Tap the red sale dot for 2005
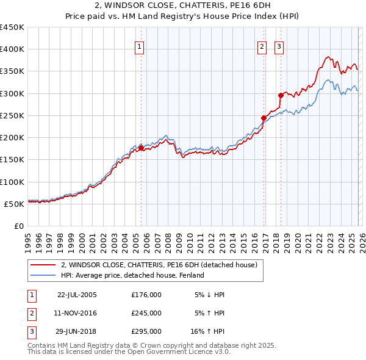[141, 148]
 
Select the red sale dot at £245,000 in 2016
[264, 118]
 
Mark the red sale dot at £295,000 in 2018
[281, 95]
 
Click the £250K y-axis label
[12, 115]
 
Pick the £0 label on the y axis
[19, 226]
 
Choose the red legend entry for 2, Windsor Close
[159, 265]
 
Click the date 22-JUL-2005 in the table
[77, 295]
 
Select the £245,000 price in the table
[146, 313]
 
